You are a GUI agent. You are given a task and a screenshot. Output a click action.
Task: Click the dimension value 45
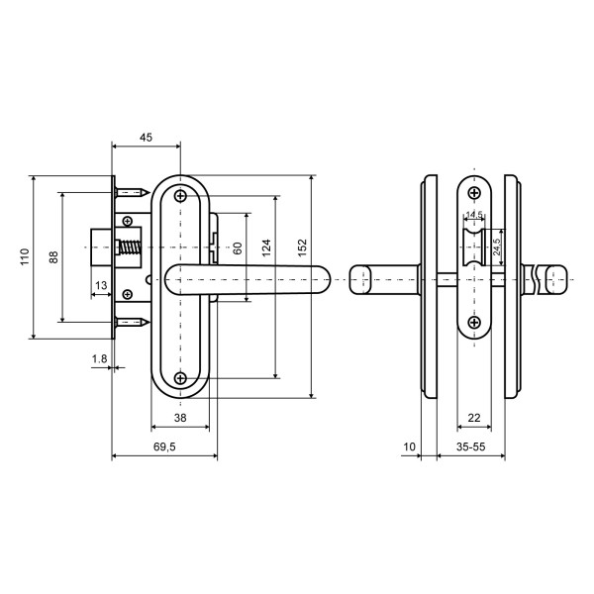coord(147,138)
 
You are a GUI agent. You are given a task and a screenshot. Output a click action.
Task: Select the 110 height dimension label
coord(24,257)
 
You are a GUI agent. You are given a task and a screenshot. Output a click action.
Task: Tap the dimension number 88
coord(52,257)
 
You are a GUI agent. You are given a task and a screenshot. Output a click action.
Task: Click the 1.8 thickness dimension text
coord(99,357)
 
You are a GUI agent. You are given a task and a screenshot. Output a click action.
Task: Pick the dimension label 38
coord(179,419)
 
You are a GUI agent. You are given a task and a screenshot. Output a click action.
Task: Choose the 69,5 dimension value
coord(164,447)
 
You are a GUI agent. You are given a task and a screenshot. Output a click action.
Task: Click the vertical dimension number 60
coord(238,248)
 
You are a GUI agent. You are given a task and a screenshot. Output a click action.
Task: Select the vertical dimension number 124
coord(265,248)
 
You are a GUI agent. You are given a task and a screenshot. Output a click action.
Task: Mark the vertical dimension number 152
coord(303,248)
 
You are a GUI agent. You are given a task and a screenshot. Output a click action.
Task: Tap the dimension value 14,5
coord(474,214)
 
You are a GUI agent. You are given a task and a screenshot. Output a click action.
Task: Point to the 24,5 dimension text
coord(497,242)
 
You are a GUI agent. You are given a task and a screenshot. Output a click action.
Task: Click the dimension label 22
coord(473,419)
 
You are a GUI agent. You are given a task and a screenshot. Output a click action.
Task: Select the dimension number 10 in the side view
coord(410,447)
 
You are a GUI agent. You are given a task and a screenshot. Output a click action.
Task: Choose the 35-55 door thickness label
coord(469,447)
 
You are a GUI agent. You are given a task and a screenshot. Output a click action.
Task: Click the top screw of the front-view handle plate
coord(180,197)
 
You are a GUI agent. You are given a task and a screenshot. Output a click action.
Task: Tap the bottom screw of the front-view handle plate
coord(180,377)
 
